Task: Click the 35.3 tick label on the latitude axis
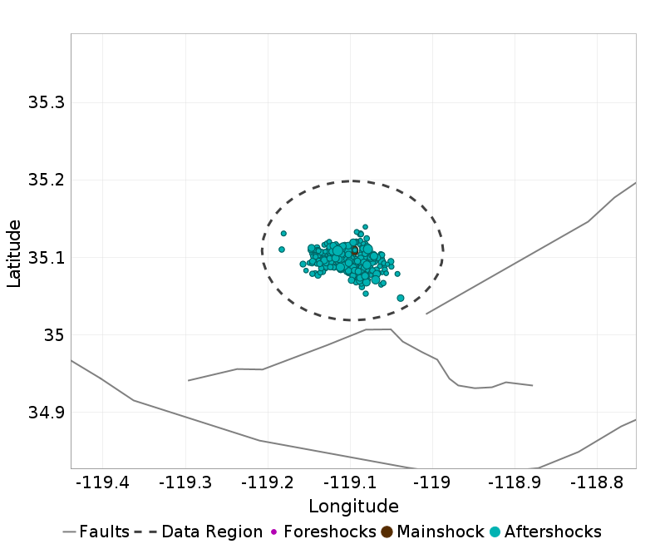click(x=46, y=103)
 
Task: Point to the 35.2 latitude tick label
click(x=46, y=181)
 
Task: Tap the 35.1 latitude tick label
click(x=46, y=258)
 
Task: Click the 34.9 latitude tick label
click(x=46, y=413)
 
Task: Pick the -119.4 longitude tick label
click(x=102, y=482)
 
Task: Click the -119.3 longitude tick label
click(x=185, y=482)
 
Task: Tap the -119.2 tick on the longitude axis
click(x=267, y=482)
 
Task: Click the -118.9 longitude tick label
click(x=514, y=482)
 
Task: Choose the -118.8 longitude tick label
click(x=596, y=482)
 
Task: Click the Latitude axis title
click(x=14, y=253)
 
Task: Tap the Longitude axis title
click(x=353, y=507)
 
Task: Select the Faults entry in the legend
click(x=104, y=532)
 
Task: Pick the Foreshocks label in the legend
click(x=330, y=532)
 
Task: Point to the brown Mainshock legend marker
click(x=387, y=532)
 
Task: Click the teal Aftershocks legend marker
click(x=495, y=532)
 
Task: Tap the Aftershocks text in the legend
click(x=553, y=532)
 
